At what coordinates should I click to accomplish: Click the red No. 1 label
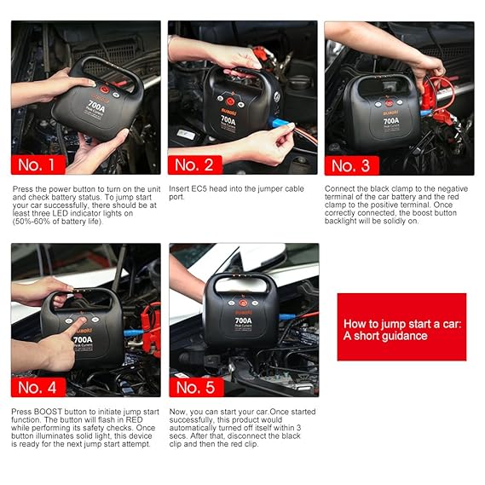(x=38, y=165)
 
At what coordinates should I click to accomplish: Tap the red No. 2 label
(x=195, y=165)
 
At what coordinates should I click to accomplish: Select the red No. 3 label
(x=352, y=165)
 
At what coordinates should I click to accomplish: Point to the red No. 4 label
(x=38, y=387)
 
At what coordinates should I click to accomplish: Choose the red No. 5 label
(x=196, y=387)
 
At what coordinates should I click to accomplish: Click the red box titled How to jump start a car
(x=401, y=327)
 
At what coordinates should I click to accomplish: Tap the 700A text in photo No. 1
(x=96, y=106)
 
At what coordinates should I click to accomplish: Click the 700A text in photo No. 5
(x=244, y=320)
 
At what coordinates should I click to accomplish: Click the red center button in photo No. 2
(x=230, y=101)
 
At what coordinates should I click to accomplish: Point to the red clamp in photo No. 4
(x=151, y=331)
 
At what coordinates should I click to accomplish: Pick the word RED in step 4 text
(x=134, y=419)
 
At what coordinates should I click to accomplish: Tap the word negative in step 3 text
(x=453, y=188)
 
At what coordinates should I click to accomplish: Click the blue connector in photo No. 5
(x=287, y=317)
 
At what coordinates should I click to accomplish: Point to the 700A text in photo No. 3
(x=391, y=121)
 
